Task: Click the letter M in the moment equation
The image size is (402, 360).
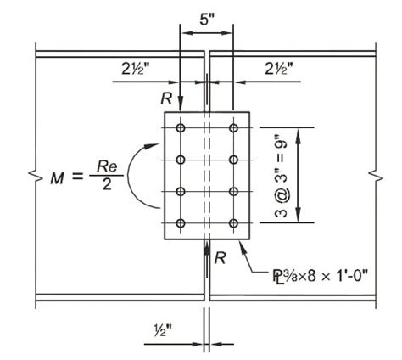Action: pos(57,178)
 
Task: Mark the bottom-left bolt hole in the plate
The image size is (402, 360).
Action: pos(180,224)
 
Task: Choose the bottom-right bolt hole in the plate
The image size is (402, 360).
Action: pos(233,224)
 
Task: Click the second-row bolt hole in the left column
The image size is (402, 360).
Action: pos(180,160)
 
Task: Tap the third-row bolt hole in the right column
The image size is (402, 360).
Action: pos(233,192)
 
